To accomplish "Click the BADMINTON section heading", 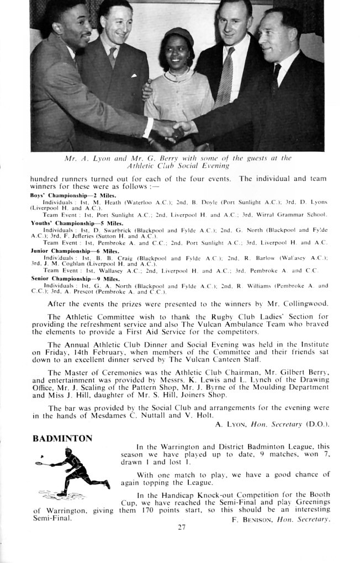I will click(62, 439).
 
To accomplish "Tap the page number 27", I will click(182, 527).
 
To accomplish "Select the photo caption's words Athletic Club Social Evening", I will click(178, 165).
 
